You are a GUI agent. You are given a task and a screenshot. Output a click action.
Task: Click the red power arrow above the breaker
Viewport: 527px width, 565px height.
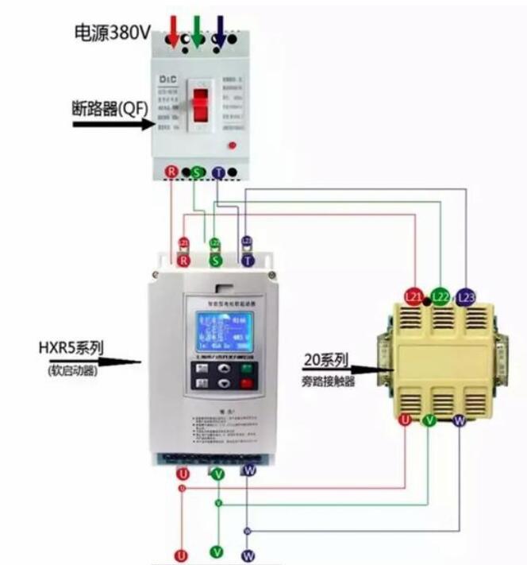coord(174,29)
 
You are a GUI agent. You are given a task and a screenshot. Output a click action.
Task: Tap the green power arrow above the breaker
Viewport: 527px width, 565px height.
coord(196,29)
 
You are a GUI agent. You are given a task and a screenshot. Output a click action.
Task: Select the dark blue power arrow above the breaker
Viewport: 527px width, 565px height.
coord(220,29)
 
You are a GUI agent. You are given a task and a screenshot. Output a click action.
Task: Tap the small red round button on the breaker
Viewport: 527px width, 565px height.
coord(231,145)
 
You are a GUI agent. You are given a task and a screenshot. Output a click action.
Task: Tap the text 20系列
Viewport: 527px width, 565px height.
coord(325,360)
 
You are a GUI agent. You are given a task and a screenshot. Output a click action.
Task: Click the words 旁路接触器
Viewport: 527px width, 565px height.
coord(328,381)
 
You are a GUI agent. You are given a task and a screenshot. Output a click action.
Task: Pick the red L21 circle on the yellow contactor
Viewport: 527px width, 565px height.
coord(414,296)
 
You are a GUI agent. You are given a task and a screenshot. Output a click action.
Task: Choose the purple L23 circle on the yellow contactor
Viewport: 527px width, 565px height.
coord(465,296)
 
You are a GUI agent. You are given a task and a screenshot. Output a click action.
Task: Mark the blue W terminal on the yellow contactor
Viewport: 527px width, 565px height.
coord(458,420)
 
